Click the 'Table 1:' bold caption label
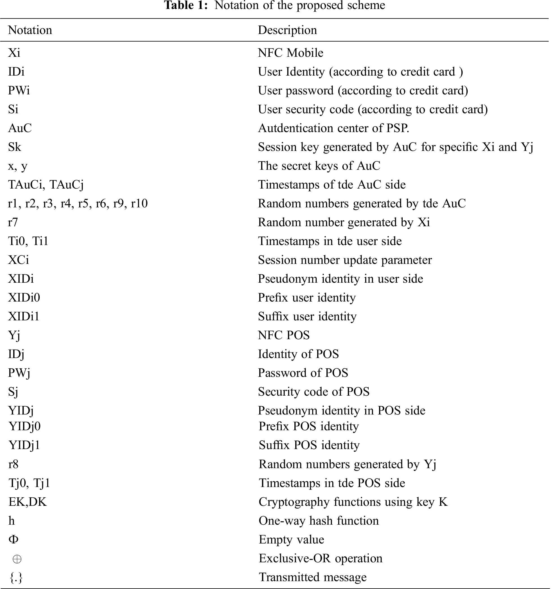coord(186,5)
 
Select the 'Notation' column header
coord(30,30)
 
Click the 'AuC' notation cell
coord(20,128)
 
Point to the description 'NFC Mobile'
coord(290,53)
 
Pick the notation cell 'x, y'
coord(18,166)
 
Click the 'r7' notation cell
coord(13,222)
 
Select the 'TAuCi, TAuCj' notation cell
coord(46,185)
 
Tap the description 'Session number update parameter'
coord(345,260)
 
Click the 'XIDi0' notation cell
coord(24,298)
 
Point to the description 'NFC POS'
coord(283,335)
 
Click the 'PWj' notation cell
coord(19,373)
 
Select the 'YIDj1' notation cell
coord(24,445)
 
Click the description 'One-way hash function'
coord(319,521)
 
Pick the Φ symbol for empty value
coord(13,539)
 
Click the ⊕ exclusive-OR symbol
coord(17,559)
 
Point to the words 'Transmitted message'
coord(313,577)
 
